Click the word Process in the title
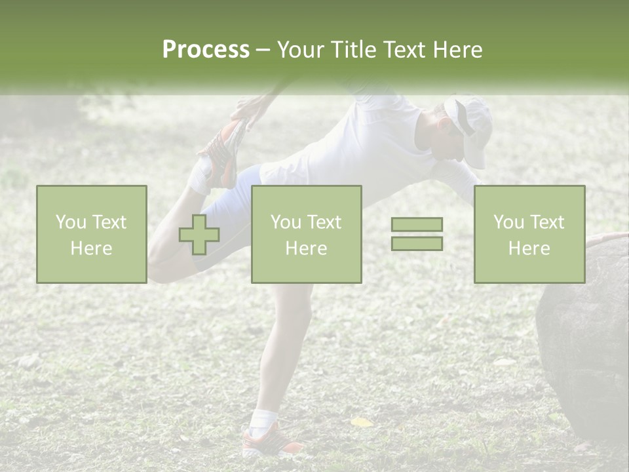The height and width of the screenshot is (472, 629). click(x=206, y=50)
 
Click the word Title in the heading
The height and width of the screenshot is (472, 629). click(x=352, y=50)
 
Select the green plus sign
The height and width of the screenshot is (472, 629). click(x=199, y=235)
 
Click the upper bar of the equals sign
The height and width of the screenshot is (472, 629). click(x=417, y=224)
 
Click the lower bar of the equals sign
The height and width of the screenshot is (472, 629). click(x=417, y=243)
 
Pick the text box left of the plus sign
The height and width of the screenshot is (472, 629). click(x=91, y=235)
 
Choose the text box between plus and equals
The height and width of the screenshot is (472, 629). click(x=306, y=235)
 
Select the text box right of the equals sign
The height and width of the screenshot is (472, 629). click(x=529, y=235)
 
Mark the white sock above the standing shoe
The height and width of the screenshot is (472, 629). click(x=265, y=418)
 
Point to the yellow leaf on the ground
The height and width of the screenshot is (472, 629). click(x=361, y=422)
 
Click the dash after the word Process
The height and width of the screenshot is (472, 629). click(x=263, y=50)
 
